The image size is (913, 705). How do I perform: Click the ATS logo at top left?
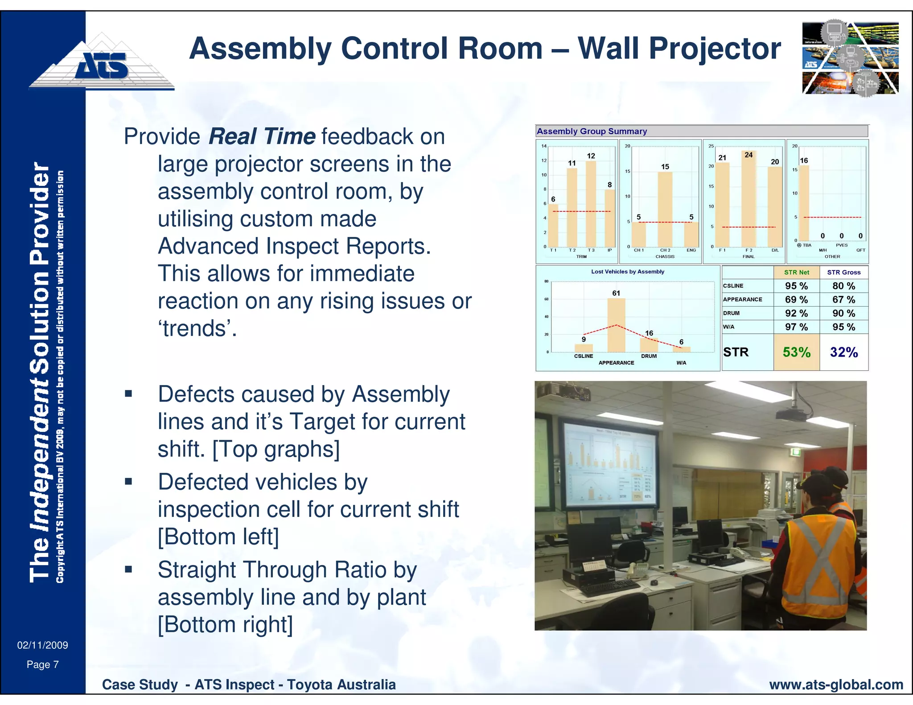coord(102,65)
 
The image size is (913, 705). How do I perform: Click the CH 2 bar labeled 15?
coord(665,209)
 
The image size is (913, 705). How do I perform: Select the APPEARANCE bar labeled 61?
coord(616,325)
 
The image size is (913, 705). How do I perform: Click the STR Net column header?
coord(796,272)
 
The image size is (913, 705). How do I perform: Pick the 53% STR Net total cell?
coord(796,352)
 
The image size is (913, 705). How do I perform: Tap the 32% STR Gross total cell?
coord(843,352)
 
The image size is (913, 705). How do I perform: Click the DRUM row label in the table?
coord(732,313)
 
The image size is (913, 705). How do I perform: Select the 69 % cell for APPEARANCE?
coord(796,299)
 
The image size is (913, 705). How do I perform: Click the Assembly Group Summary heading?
coord(592,131)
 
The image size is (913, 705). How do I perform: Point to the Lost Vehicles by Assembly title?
coord(627,271)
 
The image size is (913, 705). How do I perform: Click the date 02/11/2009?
coord(42,645)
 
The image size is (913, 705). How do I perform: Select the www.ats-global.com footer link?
coord(836,685)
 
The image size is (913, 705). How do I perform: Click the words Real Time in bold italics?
coord(262,136)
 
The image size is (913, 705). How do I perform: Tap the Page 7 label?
coord(42,664)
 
